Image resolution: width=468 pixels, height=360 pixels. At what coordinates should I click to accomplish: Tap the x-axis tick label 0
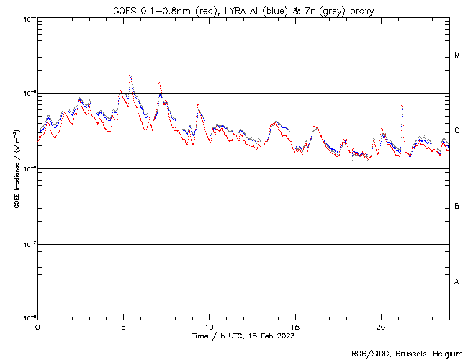[37, 327]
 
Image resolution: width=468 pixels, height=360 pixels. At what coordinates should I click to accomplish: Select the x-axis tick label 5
[123, 327]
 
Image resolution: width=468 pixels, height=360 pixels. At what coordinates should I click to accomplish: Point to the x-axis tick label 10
[209, 327]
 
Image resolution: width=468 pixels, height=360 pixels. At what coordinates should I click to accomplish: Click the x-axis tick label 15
[295, 327]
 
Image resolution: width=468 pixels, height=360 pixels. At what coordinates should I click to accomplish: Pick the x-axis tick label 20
[381, 327]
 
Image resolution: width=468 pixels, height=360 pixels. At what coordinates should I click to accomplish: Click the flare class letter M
[457, 55]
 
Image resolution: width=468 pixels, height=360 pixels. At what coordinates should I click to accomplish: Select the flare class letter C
[457, 131]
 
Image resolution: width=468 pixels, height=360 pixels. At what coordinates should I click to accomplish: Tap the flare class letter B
[457, 207]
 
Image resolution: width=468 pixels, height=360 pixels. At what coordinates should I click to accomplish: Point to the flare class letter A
[457, 282]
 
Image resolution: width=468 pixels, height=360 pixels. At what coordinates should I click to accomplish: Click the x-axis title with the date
[243, 336]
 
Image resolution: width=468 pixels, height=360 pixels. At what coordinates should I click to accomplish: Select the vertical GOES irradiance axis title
[16, 169]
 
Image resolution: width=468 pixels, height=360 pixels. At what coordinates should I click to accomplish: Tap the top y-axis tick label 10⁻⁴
[28, 18]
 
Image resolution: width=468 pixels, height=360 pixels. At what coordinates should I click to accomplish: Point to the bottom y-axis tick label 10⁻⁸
[28, 318]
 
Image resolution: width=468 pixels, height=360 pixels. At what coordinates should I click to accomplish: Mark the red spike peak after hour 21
[402, 91]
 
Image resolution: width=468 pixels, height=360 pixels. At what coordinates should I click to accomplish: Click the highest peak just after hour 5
[130, 70]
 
